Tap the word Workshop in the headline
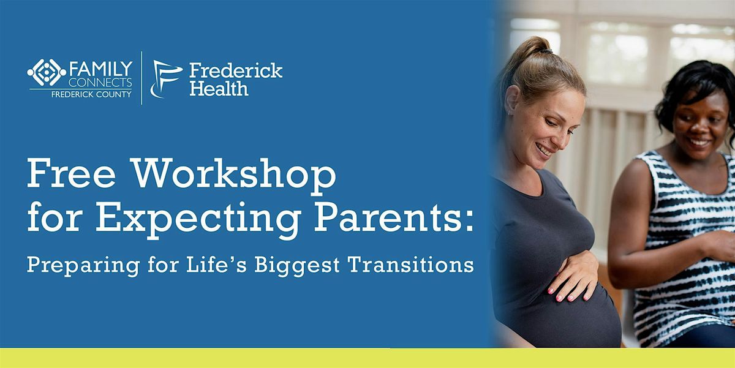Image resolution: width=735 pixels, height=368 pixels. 234,176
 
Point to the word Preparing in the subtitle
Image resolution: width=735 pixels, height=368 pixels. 84,265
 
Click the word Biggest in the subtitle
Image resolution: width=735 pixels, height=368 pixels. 296,265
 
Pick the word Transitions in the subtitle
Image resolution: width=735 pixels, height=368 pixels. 411,264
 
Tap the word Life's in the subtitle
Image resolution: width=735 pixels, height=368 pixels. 216,264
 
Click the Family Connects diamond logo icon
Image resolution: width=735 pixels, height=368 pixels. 47,72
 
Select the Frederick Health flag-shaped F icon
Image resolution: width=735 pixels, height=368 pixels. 165,79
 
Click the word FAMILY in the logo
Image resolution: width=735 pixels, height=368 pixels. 100,69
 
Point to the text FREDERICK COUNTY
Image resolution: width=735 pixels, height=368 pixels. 91,94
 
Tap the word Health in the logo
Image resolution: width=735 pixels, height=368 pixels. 219,89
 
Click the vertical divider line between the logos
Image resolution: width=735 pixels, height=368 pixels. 141,78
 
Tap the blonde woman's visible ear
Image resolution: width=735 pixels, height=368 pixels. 512,100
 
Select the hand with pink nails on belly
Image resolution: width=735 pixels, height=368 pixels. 575,276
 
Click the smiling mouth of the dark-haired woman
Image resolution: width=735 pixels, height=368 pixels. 698,142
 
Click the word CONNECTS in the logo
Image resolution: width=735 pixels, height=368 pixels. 100,83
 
